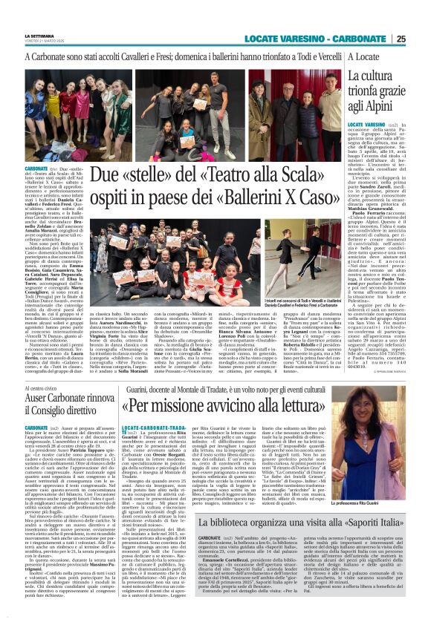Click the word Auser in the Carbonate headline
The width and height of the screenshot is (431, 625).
click(44, 382)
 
